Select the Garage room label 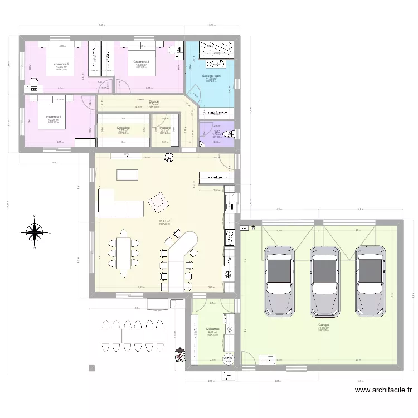[323, 325]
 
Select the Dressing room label [123, 128]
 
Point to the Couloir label [154, 101]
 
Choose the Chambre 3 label [141, 61]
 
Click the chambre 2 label [61, 65]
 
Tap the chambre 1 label [54, 117]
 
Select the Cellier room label [212, 329]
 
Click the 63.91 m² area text [164, 221]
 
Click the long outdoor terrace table [129, 335]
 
